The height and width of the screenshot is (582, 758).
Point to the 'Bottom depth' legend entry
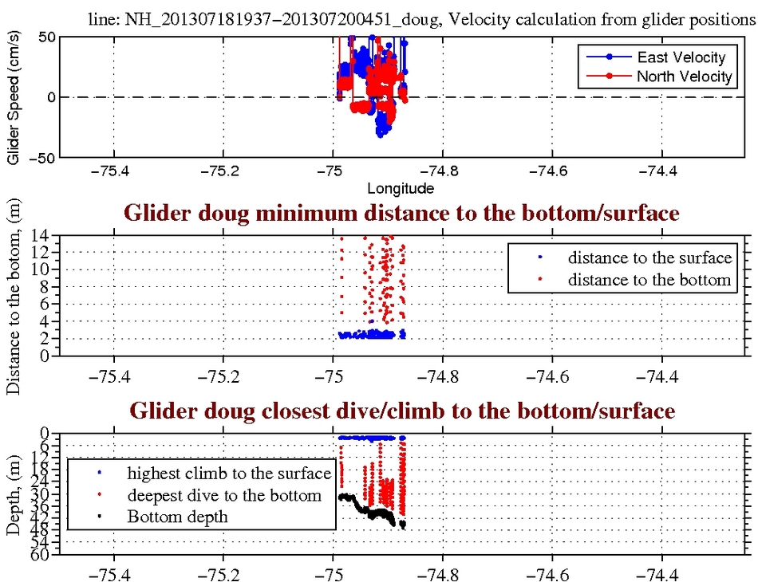(x=177, y=517)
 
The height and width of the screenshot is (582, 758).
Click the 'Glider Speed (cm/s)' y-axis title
(x=13, y=97)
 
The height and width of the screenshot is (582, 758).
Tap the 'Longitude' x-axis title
(x=401, y=189)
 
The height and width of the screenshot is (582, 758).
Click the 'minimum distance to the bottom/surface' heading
(x=401, y=213)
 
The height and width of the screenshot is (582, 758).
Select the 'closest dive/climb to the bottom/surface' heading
(x=401, y=411)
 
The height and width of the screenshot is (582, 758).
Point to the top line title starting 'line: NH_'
(x=423, y=22)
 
